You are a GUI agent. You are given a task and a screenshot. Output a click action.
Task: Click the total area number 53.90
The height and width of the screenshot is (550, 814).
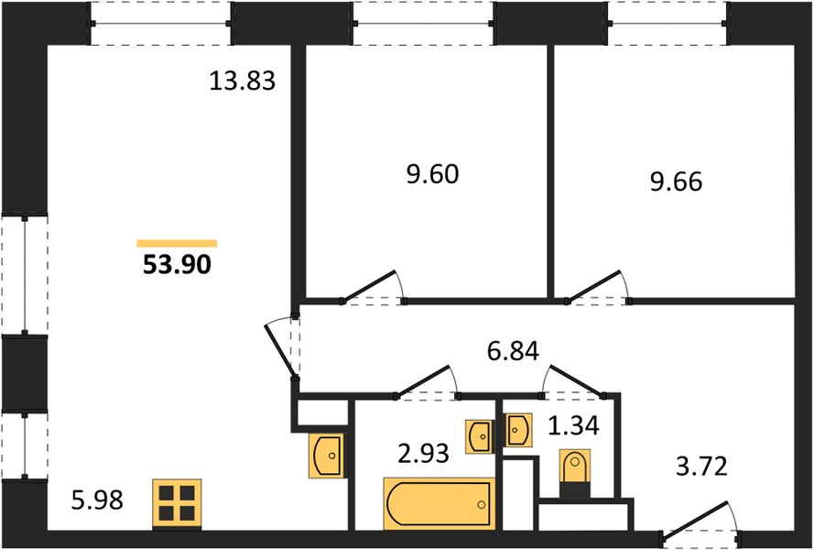[x=177, y=265]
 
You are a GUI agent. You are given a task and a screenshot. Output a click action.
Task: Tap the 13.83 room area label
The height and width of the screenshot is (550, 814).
[x=243, y=81]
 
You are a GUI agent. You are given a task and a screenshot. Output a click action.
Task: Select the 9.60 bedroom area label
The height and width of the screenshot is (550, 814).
[x=432, y=174]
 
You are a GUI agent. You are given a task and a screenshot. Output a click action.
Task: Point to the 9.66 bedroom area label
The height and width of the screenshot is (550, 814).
[x=676, y=181]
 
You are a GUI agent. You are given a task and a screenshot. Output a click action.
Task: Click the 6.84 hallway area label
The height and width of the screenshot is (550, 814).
[x=513, y=351]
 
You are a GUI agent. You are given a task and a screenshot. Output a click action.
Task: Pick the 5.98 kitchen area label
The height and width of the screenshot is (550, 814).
[x=98, y=500]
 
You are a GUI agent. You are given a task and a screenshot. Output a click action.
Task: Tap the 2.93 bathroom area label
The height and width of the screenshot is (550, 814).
[x=423, y=455]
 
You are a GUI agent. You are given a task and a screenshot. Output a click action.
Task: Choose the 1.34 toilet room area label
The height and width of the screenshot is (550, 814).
[x=574, y=426]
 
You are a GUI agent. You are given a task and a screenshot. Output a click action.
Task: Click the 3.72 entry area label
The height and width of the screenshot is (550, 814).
[x=702, y=467]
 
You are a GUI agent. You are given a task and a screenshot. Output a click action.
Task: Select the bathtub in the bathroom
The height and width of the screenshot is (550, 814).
[x=440, y=504]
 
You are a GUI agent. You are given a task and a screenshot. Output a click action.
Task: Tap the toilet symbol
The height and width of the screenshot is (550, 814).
[x=575, y=474]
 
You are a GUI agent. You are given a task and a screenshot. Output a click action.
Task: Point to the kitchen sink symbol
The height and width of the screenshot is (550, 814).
[x=327, y=455]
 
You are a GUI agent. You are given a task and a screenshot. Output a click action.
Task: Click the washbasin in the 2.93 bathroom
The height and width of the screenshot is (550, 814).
[x=479, y=436]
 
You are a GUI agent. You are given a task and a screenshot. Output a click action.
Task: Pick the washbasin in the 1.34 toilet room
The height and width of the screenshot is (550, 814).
[x=517, y=430]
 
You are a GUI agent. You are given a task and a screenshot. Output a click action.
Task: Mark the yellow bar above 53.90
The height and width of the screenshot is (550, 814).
[x=177, y=243]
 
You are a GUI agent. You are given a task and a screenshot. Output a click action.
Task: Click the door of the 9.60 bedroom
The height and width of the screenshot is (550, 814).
[x=371, y=287]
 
